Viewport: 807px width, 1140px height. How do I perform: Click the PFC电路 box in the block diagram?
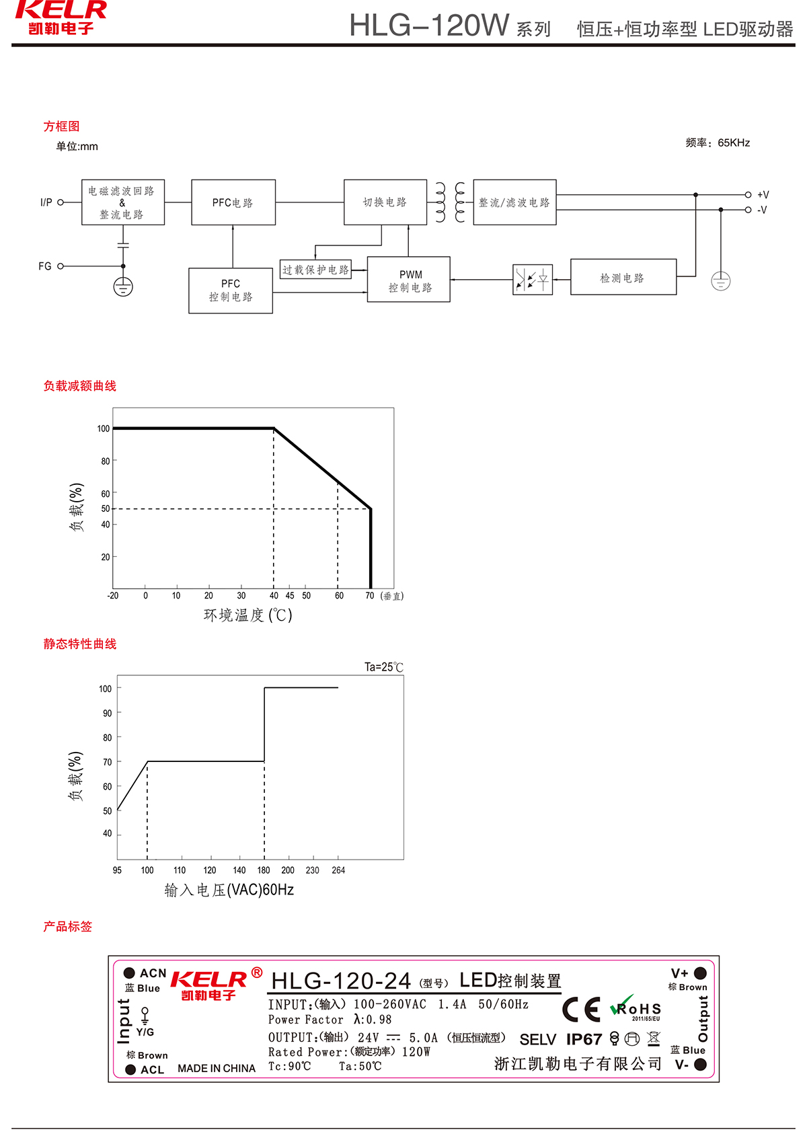point(233,202)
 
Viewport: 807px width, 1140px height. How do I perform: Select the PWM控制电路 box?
point(409,280)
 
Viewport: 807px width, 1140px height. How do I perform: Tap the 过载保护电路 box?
point(315,270)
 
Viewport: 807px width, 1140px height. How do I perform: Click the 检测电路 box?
point(623,277)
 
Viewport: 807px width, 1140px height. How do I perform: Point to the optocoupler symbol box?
point(533,280)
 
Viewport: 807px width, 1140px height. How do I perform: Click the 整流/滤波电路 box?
point(514,202)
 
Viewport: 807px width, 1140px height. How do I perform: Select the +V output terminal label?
point(763,195)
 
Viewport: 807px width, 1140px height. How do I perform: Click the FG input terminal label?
point(45,266)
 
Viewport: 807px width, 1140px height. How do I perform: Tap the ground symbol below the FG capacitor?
point(123,287)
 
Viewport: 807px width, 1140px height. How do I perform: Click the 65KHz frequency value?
point(734,143)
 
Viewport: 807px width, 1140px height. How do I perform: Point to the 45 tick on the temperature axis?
point(290,596)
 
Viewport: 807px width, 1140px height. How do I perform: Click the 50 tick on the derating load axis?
point(106,509)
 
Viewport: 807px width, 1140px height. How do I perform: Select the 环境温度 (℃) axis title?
point(247,615)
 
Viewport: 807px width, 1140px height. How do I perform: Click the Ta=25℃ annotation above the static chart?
point(383,667)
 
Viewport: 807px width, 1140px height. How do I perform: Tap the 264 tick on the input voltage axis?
point(338,870)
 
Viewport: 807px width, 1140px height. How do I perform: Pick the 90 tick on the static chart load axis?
point(108,713)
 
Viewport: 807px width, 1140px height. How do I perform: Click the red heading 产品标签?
point(67,927)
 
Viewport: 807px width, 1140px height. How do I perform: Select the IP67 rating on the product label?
point(584,1040)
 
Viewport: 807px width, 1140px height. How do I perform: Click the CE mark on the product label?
point(581,1010)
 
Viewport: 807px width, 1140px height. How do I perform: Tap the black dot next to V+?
point(700,973)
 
